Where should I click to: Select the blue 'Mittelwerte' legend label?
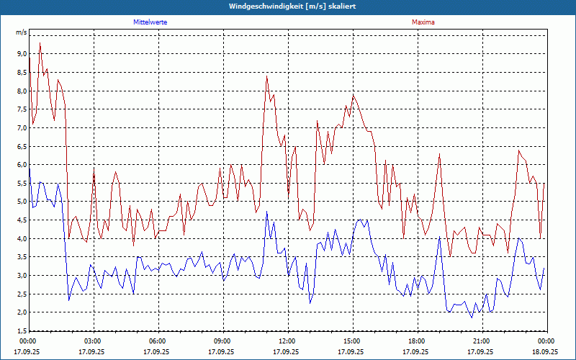click(x=150, y=22)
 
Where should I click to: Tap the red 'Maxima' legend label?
click(x=423, y=22)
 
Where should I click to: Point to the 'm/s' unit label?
click(x=21, y=32)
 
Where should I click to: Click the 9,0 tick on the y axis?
click(x=21, y=54)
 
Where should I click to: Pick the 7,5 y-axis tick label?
click(x=21, y=109)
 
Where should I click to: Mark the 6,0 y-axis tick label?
click(x=21, y=165)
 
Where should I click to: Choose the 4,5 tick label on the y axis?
click(x=21, y=220)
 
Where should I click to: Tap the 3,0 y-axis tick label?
click(x=21, y=276)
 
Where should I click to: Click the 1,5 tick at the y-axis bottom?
click(x=21, y=331)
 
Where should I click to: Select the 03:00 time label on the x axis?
click(x=93, y=341)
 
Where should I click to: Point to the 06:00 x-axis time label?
click(x=158, y=341)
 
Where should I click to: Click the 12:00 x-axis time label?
click(x=287, y=341)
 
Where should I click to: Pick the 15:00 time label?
click(x=352, y=341)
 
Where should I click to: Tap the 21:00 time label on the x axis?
click(x=482, y=341)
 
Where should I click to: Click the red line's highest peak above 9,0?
click(x=40, y=44)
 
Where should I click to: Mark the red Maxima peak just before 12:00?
click(x=266, y=76)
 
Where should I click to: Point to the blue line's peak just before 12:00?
click(x=266, y=212)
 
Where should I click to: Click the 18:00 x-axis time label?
click(x=417, y=341)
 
